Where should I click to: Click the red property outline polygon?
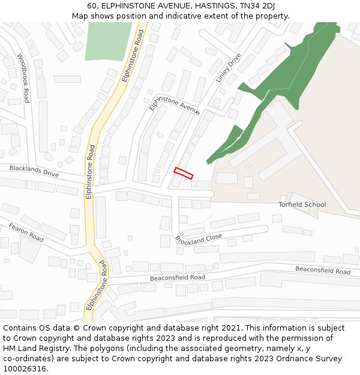click(x=184, y=173)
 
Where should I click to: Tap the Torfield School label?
click(x=302, y=205)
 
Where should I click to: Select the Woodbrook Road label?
click(x=23, y=78)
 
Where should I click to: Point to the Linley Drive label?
click(x=228, y=67)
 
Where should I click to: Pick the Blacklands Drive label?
click(x=34, y=172)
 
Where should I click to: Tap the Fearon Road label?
click(x=26, y=232)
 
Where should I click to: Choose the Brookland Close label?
click(x=199, y=239)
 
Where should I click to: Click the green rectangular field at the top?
click(x=109, y=41)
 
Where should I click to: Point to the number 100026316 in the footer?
click(x=23, y=369)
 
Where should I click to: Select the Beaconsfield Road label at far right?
click(x=323, y=271)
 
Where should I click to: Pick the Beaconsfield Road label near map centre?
click(x=177, y=278)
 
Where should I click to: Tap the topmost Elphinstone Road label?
click(x=133, y=57)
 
